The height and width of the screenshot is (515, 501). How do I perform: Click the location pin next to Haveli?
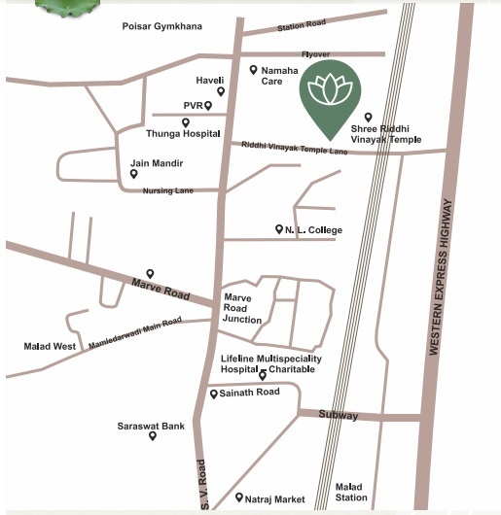point(221,91)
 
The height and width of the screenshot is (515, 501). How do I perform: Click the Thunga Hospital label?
point(183,134)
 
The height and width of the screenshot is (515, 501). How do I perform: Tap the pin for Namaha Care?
point(253,70)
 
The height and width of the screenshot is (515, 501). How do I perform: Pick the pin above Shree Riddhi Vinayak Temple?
point(368,116)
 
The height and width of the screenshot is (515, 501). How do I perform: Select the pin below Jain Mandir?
point(133,175)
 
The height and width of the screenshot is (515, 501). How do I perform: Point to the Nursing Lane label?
point(167,190)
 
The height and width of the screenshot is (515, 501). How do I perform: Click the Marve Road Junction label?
point(242,308)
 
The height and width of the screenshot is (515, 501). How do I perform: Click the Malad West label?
point(50,346)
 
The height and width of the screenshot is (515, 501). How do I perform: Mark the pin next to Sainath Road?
point(214,395)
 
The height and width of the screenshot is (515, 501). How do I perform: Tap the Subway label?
point(340,416)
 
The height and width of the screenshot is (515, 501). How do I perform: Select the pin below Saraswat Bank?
point(153,436)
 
